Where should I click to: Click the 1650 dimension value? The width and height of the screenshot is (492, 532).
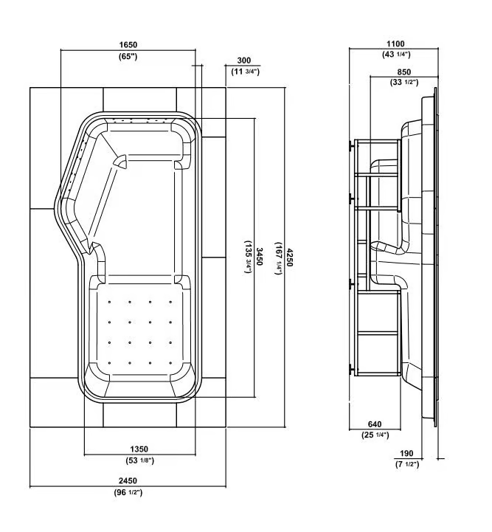point(128,45)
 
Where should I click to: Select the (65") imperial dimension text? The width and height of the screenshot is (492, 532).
point(128,56)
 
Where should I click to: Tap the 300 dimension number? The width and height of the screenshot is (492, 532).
point(244,61)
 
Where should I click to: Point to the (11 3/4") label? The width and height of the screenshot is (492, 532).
point(245,72)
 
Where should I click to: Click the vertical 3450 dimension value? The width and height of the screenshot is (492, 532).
point(260,257)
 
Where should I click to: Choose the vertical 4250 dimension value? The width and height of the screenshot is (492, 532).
point(289,258)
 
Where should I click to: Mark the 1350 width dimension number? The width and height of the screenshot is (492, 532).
point(139,449)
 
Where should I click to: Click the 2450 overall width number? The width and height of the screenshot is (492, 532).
point(128,481)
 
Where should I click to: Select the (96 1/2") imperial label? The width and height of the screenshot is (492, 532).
point(128,492)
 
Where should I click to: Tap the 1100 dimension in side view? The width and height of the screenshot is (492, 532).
point(395,44)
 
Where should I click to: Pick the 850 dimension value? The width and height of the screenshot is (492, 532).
point(403,72)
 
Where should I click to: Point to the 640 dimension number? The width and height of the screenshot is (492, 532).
point(375,424)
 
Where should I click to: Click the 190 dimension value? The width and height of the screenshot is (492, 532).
point(406,453)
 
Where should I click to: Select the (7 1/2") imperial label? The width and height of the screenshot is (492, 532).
point(407,464)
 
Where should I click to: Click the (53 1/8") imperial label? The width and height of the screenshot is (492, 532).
point(139,460)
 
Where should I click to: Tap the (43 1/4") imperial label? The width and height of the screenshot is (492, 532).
point(396,55)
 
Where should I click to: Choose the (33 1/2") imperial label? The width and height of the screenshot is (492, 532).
point(404,83)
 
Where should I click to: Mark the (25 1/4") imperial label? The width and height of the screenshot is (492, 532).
point(375,435)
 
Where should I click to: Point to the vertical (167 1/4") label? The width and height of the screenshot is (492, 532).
point(279,258)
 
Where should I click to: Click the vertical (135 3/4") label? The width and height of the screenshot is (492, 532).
point(249,257)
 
